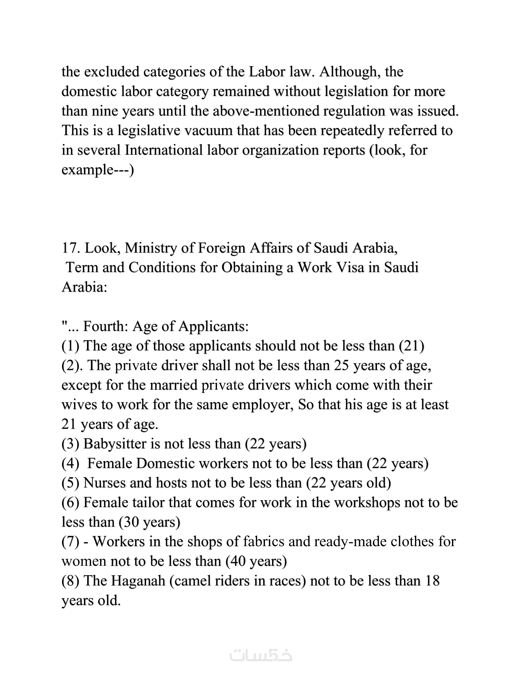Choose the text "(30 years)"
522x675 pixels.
(x=150, y=522)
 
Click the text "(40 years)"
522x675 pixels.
(x=256, y=561)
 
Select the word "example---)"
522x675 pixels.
(x=98, y=170)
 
